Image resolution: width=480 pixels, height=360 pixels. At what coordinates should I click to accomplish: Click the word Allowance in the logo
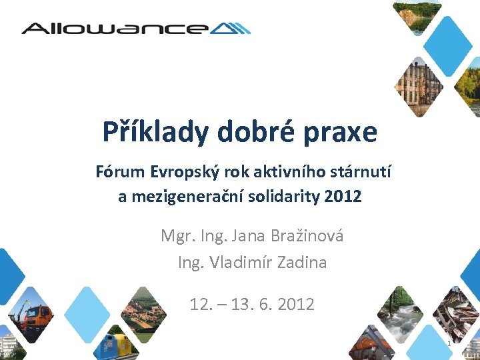tap(113, 28)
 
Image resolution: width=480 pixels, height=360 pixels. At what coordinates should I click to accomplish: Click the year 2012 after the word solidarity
tap(344, 197)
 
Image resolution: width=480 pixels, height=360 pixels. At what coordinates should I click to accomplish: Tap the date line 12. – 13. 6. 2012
tap(252, 305)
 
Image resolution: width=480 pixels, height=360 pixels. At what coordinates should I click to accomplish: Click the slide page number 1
tap(449, 343)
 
